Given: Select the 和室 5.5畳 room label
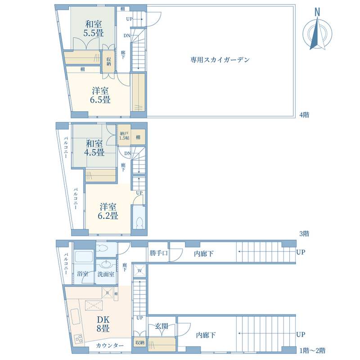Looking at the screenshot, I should pos(93,28).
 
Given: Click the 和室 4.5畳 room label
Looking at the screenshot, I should pos(95,148).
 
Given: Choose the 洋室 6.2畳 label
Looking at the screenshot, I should pos(108,211).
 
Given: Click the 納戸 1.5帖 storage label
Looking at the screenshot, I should pos(124,135).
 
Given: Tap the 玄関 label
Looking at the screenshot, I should pos(161,326).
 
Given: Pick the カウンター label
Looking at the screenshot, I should pos(109,345).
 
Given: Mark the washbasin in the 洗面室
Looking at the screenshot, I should pos(107,264).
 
